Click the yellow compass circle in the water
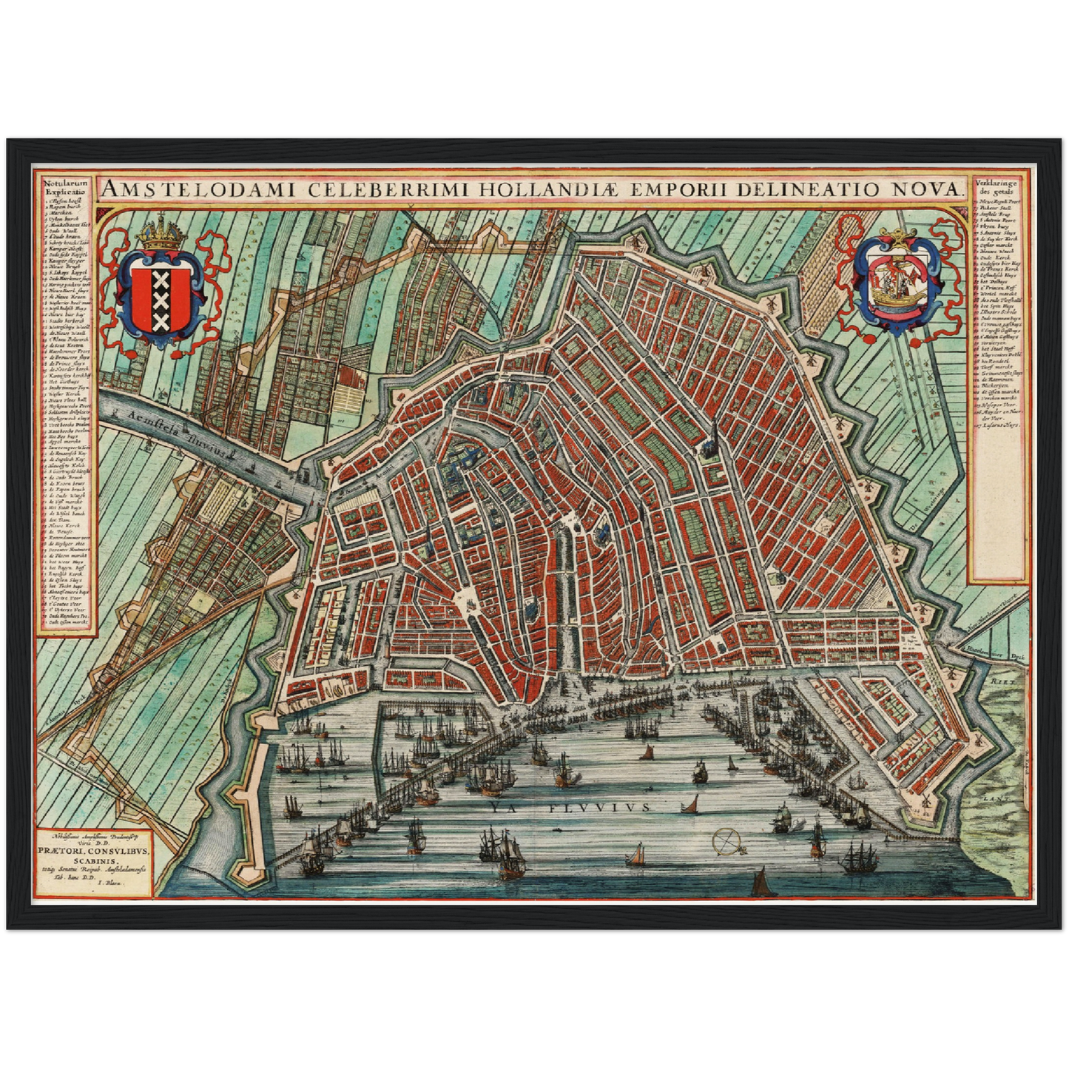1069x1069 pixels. coord(726,840)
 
